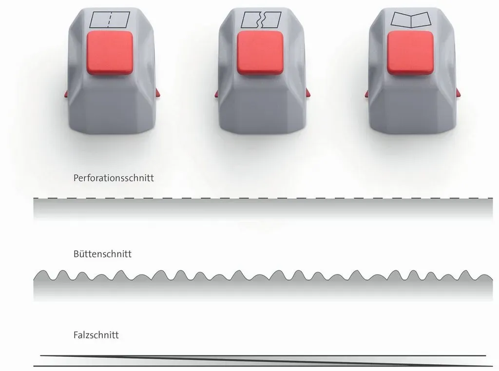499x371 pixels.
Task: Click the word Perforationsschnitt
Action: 113,178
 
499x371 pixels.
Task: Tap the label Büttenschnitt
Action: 102,254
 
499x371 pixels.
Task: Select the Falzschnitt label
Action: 96,335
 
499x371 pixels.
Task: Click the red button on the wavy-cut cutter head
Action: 260,53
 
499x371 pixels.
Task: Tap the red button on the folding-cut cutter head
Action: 410,53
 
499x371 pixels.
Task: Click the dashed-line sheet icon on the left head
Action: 110,20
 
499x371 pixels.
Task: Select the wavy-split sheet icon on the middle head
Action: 261,20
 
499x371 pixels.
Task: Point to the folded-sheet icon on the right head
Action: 411,20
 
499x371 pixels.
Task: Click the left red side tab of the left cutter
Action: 66,94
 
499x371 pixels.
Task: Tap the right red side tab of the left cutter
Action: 157,93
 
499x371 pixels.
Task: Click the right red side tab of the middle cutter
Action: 307,93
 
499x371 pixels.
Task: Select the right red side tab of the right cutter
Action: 458,93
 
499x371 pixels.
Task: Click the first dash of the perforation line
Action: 36,198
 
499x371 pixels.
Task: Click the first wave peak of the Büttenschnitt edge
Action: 43,271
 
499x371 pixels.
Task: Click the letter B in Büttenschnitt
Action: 76,254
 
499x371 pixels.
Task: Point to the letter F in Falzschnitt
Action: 76,335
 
